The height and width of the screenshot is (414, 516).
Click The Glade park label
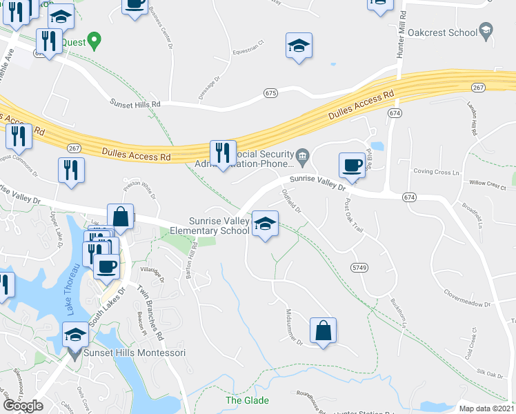[247, 400]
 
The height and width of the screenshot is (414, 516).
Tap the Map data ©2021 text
[486, 408]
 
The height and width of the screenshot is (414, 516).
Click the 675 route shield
[270, 92]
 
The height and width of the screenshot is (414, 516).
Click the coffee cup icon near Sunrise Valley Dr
[352, 165]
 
